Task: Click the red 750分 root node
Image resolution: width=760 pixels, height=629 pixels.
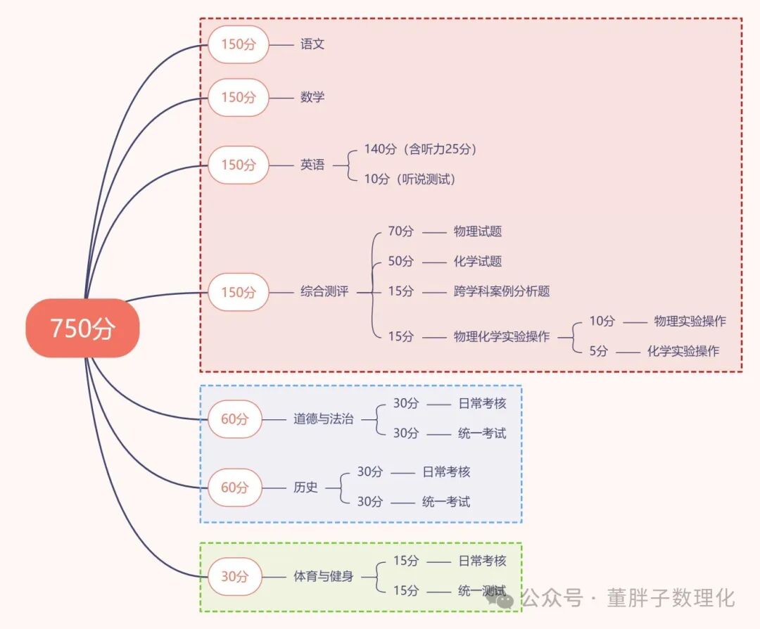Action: pyautogui.click(x=82, y=329)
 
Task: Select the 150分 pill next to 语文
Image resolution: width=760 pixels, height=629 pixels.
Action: pyautogui.click(x=239, y=44)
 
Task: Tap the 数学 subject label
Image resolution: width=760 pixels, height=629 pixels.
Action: pyautogui.click(x=312, y=97)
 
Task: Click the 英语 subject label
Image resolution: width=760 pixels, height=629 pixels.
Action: pyautogui.click(x=312, y=165)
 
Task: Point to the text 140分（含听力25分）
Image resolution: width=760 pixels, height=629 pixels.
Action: pyautogui.click(x=421, y=149)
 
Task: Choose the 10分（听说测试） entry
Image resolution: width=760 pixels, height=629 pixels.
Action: pyautogui.click(x=410, y=179)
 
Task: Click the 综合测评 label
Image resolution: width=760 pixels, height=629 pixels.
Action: pyautogui.click(x=324, y=291)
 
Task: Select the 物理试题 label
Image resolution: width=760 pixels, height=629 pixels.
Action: pyautogui.click(x=478, y=231)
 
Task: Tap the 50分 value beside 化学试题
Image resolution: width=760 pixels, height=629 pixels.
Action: pyautogui.click(x=401, y=261)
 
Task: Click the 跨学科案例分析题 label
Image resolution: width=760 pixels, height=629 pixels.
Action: pyautogui.click(x=502, y=291)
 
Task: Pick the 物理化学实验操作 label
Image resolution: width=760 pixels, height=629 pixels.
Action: pyautogui.click(x=502, y=337)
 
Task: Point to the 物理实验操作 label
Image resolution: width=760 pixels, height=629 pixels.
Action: pyautogui.click(x=690, y=322)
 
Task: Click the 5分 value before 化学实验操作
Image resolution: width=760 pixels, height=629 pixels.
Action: pyautogui.click(x=599, y=351)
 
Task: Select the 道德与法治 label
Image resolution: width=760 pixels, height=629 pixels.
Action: pyautogui.click(x=324, y=419)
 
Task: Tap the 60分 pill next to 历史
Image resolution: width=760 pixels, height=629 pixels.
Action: pyautogui.click(x=235, y=488)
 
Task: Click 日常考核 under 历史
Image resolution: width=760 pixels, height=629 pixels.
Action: pyautogui.click(x=446, y=472)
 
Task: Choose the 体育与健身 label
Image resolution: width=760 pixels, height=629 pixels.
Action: pyautogui.click(x=324, y=577)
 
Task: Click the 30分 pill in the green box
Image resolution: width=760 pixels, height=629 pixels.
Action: pyautogui.click(x=235, y=577)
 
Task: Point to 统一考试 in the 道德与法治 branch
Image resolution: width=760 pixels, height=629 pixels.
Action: pyautogui.click(x=482, y=433)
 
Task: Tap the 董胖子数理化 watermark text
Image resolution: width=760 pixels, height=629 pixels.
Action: pyautogui.click(x=671, y=599)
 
